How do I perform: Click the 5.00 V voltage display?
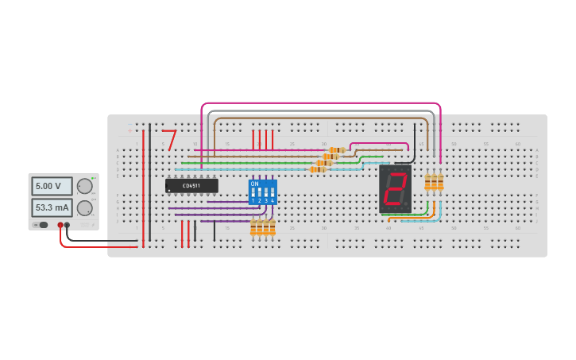point(52,186)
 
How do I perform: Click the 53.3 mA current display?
point(52,207)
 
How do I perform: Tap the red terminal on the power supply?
point(60,225)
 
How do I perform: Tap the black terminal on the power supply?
point(67,225)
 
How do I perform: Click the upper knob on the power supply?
point(84,186)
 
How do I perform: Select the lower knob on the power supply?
point(84,207)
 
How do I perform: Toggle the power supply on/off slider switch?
point(43,225)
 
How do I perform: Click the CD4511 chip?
point(191,185)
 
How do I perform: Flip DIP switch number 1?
point(253,192)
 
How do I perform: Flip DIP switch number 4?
point(273,192)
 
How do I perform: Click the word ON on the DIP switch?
point(254,183)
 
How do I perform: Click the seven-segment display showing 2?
point(395,189)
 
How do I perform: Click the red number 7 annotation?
point(169,140)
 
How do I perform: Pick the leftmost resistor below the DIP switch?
point(253,229)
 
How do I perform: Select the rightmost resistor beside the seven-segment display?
point(440,183)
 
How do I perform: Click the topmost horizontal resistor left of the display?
point(337,150)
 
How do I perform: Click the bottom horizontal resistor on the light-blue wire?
point(317,169)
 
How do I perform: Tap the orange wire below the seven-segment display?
point(413,218)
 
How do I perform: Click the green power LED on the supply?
point(93,178)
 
